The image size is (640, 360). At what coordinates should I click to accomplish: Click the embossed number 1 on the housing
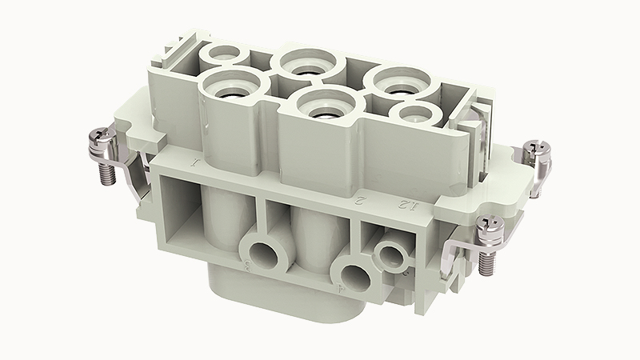pos(195,165)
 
